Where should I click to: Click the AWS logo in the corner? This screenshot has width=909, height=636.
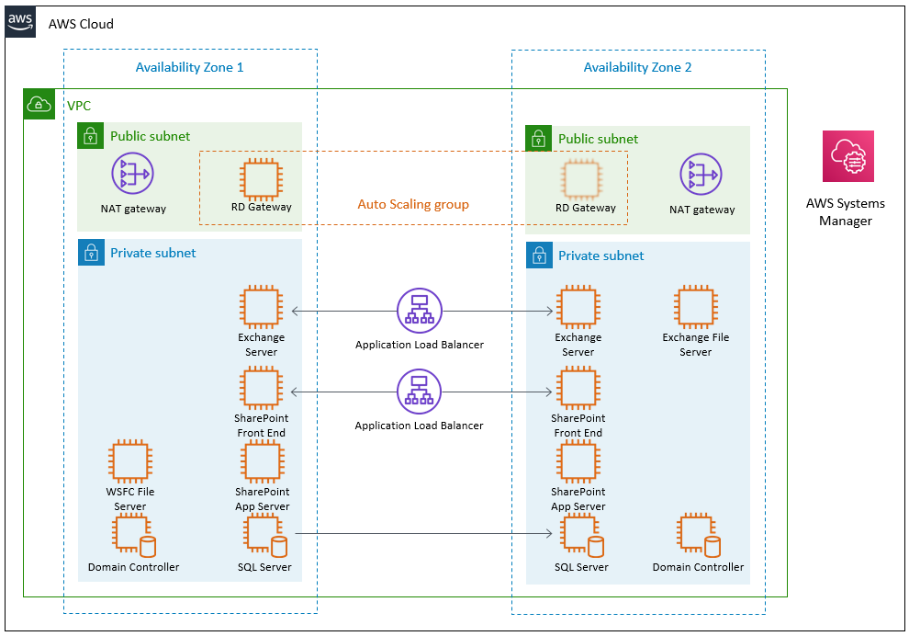click(x=20, y=21)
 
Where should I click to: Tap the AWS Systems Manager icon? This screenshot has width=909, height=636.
click(x=847, y=156)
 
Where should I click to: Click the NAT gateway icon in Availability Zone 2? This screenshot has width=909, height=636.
click(x=701, y=175)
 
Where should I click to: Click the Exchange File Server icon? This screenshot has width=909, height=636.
click(x=696, y=307)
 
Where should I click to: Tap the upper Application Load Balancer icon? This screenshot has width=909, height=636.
click(x=420, y=311)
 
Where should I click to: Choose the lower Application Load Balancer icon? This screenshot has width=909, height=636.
click(x=420, y=392)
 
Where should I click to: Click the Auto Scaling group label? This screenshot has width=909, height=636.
click(x=413, y=204)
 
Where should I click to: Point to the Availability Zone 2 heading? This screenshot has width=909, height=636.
click(x=637, y=67)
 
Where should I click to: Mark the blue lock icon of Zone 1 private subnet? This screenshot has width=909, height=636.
click(x=91, y=253)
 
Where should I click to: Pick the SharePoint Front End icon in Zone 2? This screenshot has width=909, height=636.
click(x=578, y=388)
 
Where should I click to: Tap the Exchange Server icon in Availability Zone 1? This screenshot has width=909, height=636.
click(x=262, y=307)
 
